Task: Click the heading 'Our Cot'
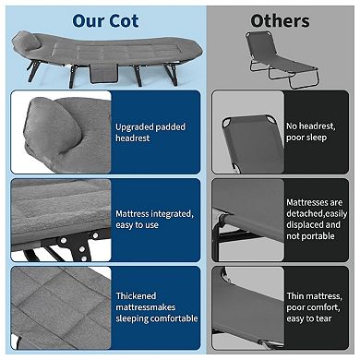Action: [x=105, y=21]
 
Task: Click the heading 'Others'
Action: [x=280, y=21]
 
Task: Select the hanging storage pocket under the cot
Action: [x=103, y=74]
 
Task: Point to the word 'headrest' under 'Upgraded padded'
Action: [x=133, y=138]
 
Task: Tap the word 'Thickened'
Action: [x=136, y=296]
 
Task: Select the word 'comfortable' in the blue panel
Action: [x=177, y=318]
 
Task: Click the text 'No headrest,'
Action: [x=311, y=126]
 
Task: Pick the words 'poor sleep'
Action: [x=306, y=138]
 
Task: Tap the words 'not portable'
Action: [x=310, y=236]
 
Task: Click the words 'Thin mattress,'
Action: [x=314, y=296]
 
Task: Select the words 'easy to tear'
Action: [x=309, y=318]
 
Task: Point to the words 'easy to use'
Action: [x=137, y=225]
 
